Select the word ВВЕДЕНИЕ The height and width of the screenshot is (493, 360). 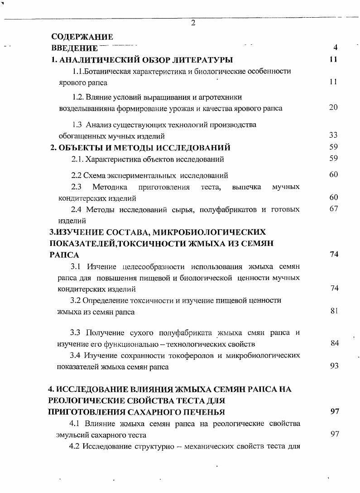[x=74, y=48]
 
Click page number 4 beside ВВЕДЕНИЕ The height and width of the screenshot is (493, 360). [x=335, y=47]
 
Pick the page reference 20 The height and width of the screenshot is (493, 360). [x=333, y=107]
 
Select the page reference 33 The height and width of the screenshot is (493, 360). [x=333, y=135]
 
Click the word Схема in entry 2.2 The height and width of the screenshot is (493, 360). [x=93, y=175]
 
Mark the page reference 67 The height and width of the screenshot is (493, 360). [x=333, y=208]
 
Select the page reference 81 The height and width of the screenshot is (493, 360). [x=334, y=310]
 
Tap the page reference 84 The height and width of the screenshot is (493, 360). [x=335, y=343]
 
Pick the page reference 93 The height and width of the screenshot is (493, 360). [x=334, y=366]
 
